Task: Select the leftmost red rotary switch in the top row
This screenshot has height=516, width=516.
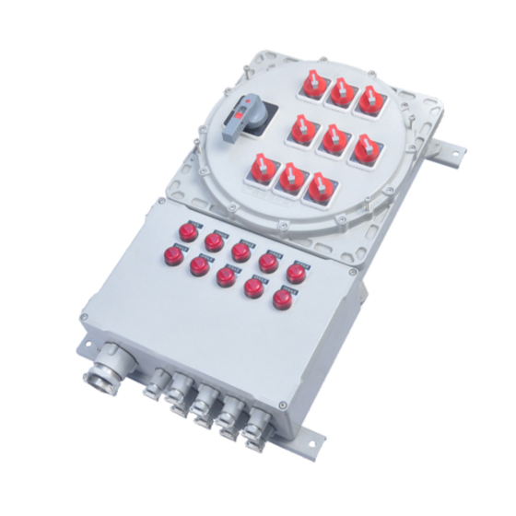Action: [x=313, y=86]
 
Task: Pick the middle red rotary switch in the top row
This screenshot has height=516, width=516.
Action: [x=343, y=92]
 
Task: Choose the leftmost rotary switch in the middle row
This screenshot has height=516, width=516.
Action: [x=302, y=130]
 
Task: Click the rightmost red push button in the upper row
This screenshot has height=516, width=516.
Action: [x=296, y=273]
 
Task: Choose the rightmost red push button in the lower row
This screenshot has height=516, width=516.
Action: [x=281, y=299]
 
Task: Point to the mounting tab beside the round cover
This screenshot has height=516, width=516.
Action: [x=452, y=147]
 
